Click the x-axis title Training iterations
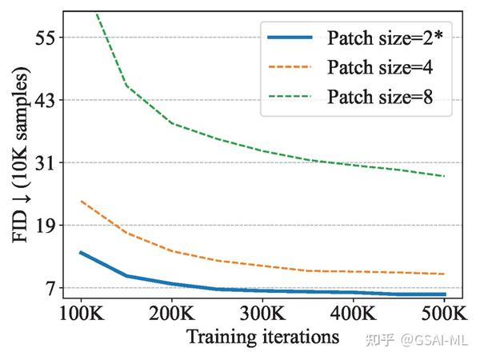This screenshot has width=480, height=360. pos(262,336)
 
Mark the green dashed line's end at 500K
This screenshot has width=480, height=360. pos(445,176)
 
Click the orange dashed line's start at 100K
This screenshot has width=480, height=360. pos(81,201)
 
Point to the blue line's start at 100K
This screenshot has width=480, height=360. pos(81,252)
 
